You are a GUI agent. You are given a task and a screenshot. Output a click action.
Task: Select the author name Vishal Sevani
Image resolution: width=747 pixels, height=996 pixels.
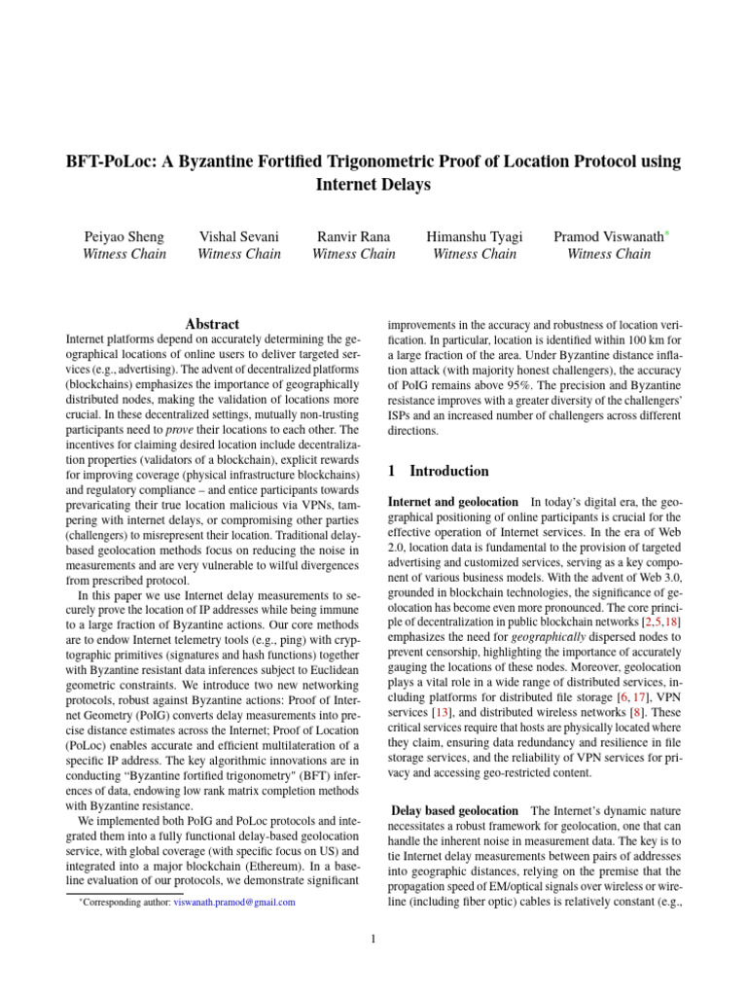point(238,236)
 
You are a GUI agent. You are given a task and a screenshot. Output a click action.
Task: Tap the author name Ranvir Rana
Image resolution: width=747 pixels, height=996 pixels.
point(353,236)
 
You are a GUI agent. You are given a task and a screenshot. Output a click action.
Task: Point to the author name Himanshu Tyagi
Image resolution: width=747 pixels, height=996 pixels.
point(474,236)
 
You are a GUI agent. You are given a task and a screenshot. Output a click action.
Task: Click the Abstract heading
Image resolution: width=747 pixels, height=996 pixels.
point(212,324)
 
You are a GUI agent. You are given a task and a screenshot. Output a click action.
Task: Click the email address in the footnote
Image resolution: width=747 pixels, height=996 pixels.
point(234,903)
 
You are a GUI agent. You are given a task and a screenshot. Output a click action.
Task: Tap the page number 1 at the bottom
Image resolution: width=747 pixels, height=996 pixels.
point(373,940)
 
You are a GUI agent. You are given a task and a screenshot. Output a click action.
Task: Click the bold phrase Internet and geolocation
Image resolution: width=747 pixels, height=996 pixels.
point(452,502)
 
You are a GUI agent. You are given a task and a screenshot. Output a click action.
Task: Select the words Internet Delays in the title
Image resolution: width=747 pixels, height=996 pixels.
point(373,185)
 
